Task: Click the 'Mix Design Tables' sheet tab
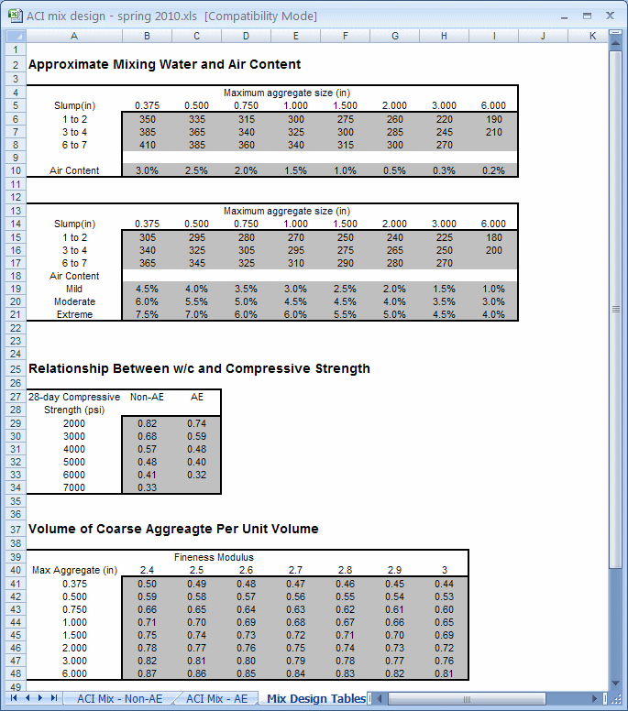pos(315,698)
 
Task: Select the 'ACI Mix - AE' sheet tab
pos(216,698)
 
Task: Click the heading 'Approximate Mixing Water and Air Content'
pos(164,65)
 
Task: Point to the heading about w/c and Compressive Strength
pos(199,368)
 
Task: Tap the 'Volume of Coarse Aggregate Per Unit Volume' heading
pos(173,529)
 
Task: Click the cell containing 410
pos(147,145)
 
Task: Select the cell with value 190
pos(493,119)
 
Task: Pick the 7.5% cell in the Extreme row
pos(147,314)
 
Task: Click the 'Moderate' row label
pos(74,301)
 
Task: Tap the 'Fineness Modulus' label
pos(214,556)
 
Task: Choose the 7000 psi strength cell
pos(74,487)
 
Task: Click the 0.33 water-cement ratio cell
pos(147,487)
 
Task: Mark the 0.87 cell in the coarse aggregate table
pos(147,673)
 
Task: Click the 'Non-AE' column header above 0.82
pos(147,397)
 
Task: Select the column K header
pos(592,36)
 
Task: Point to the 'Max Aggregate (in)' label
pos(74,570)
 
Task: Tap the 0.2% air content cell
pos(493,170)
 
